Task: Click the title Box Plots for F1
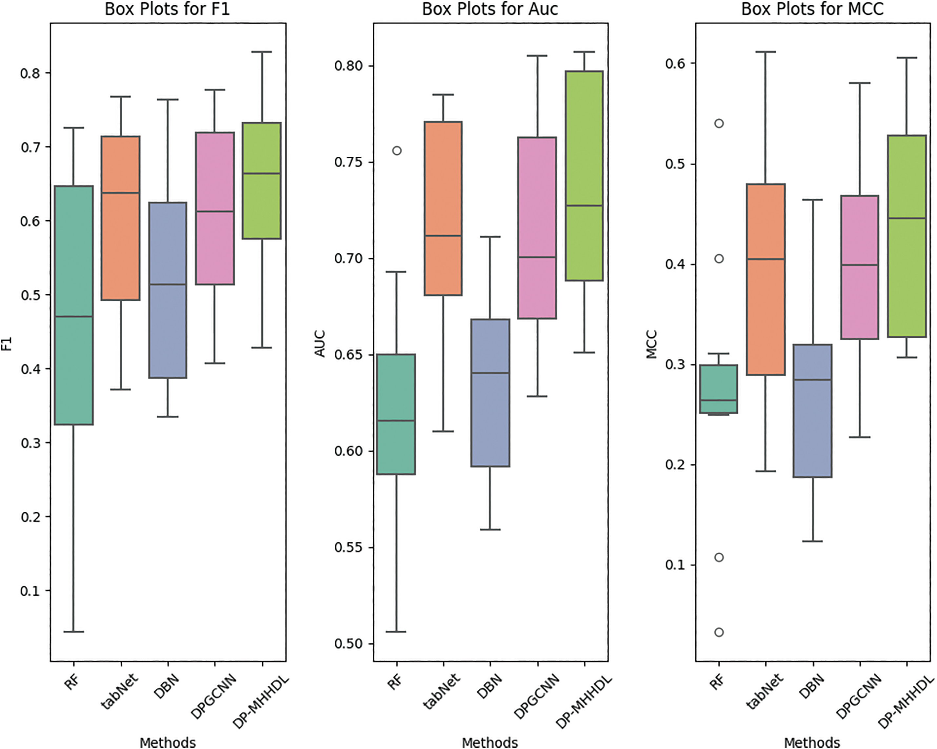[x=167, y=9]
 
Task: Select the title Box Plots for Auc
[x=490, y=9]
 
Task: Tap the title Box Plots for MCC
[x=812, y=9]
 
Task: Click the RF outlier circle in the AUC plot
[x=397, y=151]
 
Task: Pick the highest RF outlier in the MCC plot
[x=719, y=123]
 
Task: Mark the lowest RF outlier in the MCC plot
[x=719, y=632]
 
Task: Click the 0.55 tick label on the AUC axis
[x=349, y=547]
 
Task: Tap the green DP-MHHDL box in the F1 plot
[x=262, y=204]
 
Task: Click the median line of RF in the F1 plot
[x=74, y=316]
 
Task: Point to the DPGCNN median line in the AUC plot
[x=537, y=257]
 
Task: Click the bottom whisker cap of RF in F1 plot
[x=74, y=632]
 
